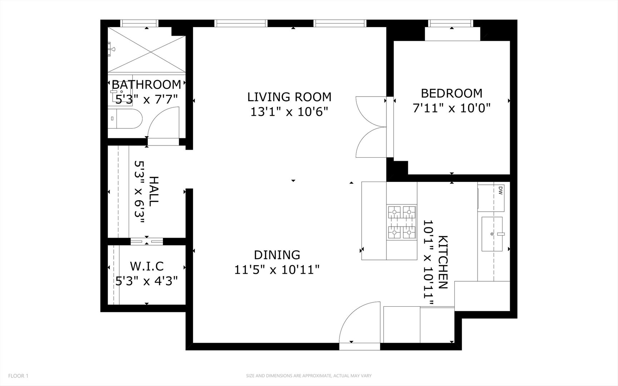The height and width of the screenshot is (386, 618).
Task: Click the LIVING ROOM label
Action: [x=289, y=97]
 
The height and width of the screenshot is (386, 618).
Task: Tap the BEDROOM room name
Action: [x=451, y=93]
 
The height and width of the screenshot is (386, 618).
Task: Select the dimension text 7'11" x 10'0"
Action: [x=451, y=108]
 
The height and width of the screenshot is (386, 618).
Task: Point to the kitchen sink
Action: [x=492, y=234]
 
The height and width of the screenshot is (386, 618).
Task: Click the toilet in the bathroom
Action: [x=125, y=119]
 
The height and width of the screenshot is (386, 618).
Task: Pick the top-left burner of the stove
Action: [x=395, y=212]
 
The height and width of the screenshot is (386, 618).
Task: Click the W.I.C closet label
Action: [x=147, y=266]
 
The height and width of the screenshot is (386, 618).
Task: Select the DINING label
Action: [x=277, y=255]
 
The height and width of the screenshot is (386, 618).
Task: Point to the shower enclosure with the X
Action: [x=147, y=50]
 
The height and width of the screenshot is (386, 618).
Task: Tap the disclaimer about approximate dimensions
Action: [x=309, y=376]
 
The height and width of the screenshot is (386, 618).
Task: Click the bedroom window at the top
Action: [x=451, y=23]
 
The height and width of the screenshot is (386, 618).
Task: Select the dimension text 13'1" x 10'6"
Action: [x=289, y=112]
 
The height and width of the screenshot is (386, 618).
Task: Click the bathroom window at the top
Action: [x=139, y=23]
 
